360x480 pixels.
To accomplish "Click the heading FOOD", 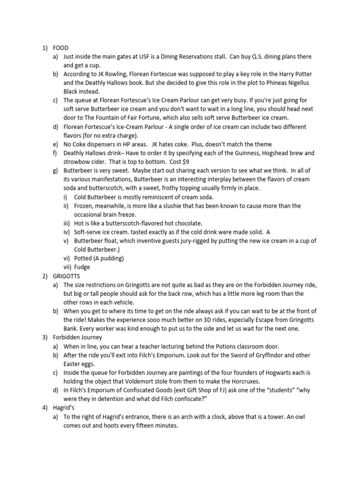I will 61,48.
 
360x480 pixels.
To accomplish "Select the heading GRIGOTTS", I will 67,276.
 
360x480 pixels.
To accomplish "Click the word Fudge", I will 82,267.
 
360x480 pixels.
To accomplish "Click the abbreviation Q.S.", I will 263,57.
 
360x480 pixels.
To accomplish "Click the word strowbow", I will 78,162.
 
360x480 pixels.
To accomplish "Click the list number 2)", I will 45,276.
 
